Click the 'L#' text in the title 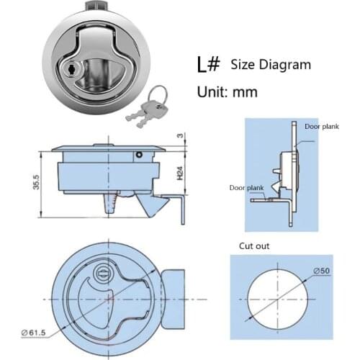(209, 64)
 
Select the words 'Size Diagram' (271, 65)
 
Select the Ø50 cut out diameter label (321, 271)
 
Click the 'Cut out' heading (254, 246)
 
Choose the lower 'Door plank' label (246, 187)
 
